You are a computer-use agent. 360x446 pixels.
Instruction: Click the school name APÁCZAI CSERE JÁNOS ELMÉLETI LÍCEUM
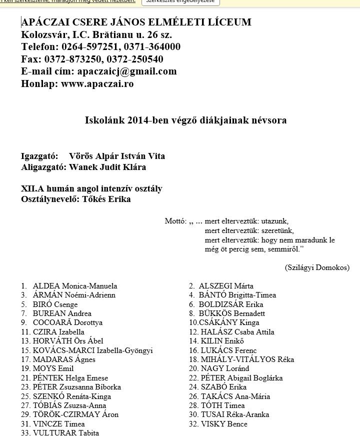[136, 22]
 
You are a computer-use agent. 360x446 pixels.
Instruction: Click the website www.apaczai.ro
[97, 83]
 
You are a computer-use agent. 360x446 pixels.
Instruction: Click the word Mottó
[175, 221]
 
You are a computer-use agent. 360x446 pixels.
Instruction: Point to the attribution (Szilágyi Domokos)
[317, 267]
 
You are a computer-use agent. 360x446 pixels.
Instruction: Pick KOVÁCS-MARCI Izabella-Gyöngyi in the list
[92, 350]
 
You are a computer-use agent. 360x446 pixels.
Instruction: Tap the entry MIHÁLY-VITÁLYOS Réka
[247, 359]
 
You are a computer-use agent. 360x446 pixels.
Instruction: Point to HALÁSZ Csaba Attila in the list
[237, 332]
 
